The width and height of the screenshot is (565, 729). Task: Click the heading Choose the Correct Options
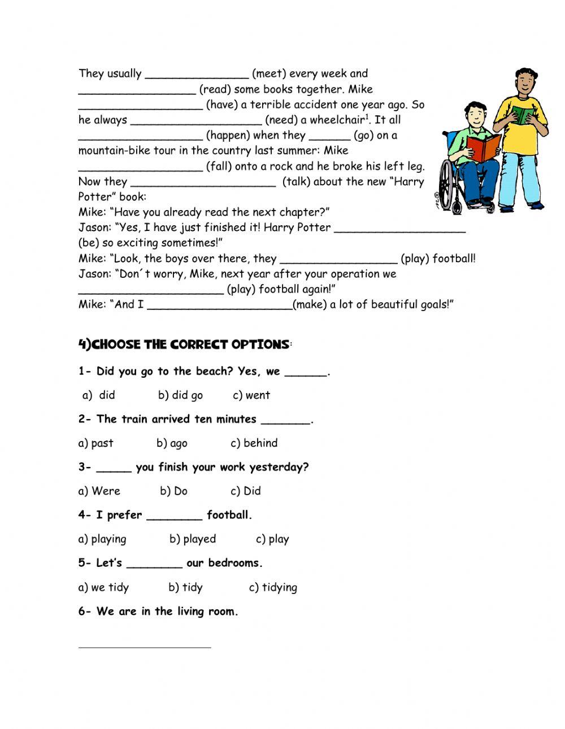click(x=184, y=344)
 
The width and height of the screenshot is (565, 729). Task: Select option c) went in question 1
click(x=251, y=395)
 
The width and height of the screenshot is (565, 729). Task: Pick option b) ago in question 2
click(x=172, y=443)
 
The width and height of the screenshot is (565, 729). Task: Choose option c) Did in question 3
click(x=246, y=491)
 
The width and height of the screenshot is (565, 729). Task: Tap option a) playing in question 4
click(x=102, y=539)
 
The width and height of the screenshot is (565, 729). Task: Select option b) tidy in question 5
click(x=185, y=587)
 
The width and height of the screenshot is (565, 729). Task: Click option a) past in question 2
click(x=95, y=443)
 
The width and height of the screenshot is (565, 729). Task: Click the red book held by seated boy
click(x=484, y=148)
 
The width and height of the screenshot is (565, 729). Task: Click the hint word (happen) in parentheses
click(x=228, y=136)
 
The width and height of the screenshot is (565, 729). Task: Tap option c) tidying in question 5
click(x=273, y=587)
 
